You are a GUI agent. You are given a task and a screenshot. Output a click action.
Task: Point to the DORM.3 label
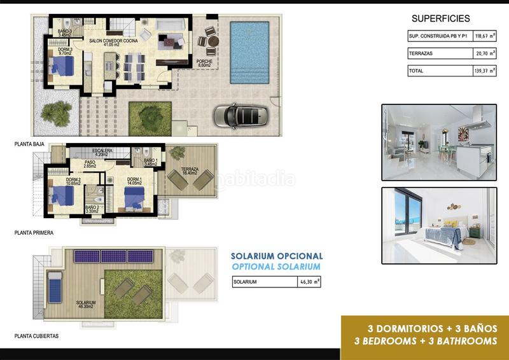point(64,50)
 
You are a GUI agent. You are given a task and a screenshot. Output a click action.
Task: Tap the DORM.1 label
point(134,180)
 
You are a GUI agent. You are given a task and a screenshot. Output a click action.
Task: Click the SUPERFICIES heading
point(441,18)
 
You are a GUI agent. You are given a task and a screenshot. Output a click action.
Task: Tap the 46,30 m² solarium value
point(309,281)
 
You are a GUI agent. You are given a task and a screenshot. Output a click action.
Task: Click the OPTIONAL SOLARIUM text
point(276,267)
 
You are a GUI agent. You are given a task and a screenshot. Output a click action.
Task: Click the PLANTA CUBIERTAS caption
point(36,336)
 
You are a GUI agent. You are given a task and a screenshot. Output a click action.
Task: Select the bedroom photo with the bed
point(438,217)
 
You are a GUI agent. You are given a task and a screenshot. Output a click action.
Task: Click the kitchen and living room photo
point(438,142)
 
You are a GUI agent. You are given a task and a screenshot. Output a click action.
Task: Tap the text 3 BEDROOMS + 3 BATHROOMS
point(425,341)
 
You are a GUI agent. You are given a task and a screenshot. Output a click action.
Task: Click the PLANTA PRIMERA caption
point(34,233)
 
